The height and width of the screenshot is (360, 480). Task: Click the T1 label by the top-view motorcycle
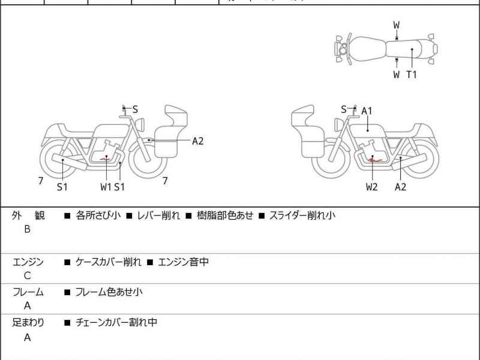(x=412, y=75)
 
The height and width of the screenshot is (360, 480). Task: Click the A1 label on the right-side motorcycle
(x=367, y=111)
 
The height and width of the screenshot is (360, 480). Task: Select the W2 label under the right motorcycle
(x=372, y=187)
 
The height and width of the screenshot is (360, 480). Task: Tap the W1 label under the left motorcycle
(x=106, y=187)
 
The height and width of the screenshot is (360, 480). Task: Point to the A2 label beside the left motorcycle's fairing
(x=198, y=141)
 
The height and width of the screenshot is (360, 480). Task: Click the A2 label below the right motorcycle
(x=400, y=187)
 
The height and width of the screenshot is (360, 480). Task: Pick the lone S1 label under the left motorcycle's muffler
(x=62, y=187)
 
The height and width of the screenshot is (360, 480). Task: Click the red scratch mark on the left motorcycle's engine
(x=106, y=158)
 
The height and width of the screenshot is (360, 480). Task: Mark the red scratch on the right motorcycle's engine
(x=374, y=159)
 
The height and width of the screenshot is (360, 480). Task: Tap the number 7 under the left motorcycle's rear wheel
(x=40, y=179)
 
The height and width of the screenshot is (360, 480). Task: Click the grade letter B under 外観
(x=27, y=229)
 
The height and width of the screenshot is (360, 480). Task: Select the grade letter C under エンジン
(x=27, y=276)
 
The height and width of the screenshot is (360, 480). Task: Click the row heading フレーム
(x=28, y=292)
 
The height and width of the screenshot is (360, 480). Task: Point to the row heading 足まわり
(x=28, y=322)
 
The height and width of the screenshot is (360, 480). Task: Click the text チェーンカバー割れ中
(x=116, y=322)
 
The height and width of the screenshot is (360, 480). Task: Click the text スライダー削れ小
(x=302, y=215)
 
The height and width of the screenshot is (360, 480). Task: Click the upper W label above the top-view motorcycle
(x=397, y=25)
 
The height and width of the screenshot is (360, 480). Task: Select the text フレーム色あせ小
(x=109, y=292)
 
